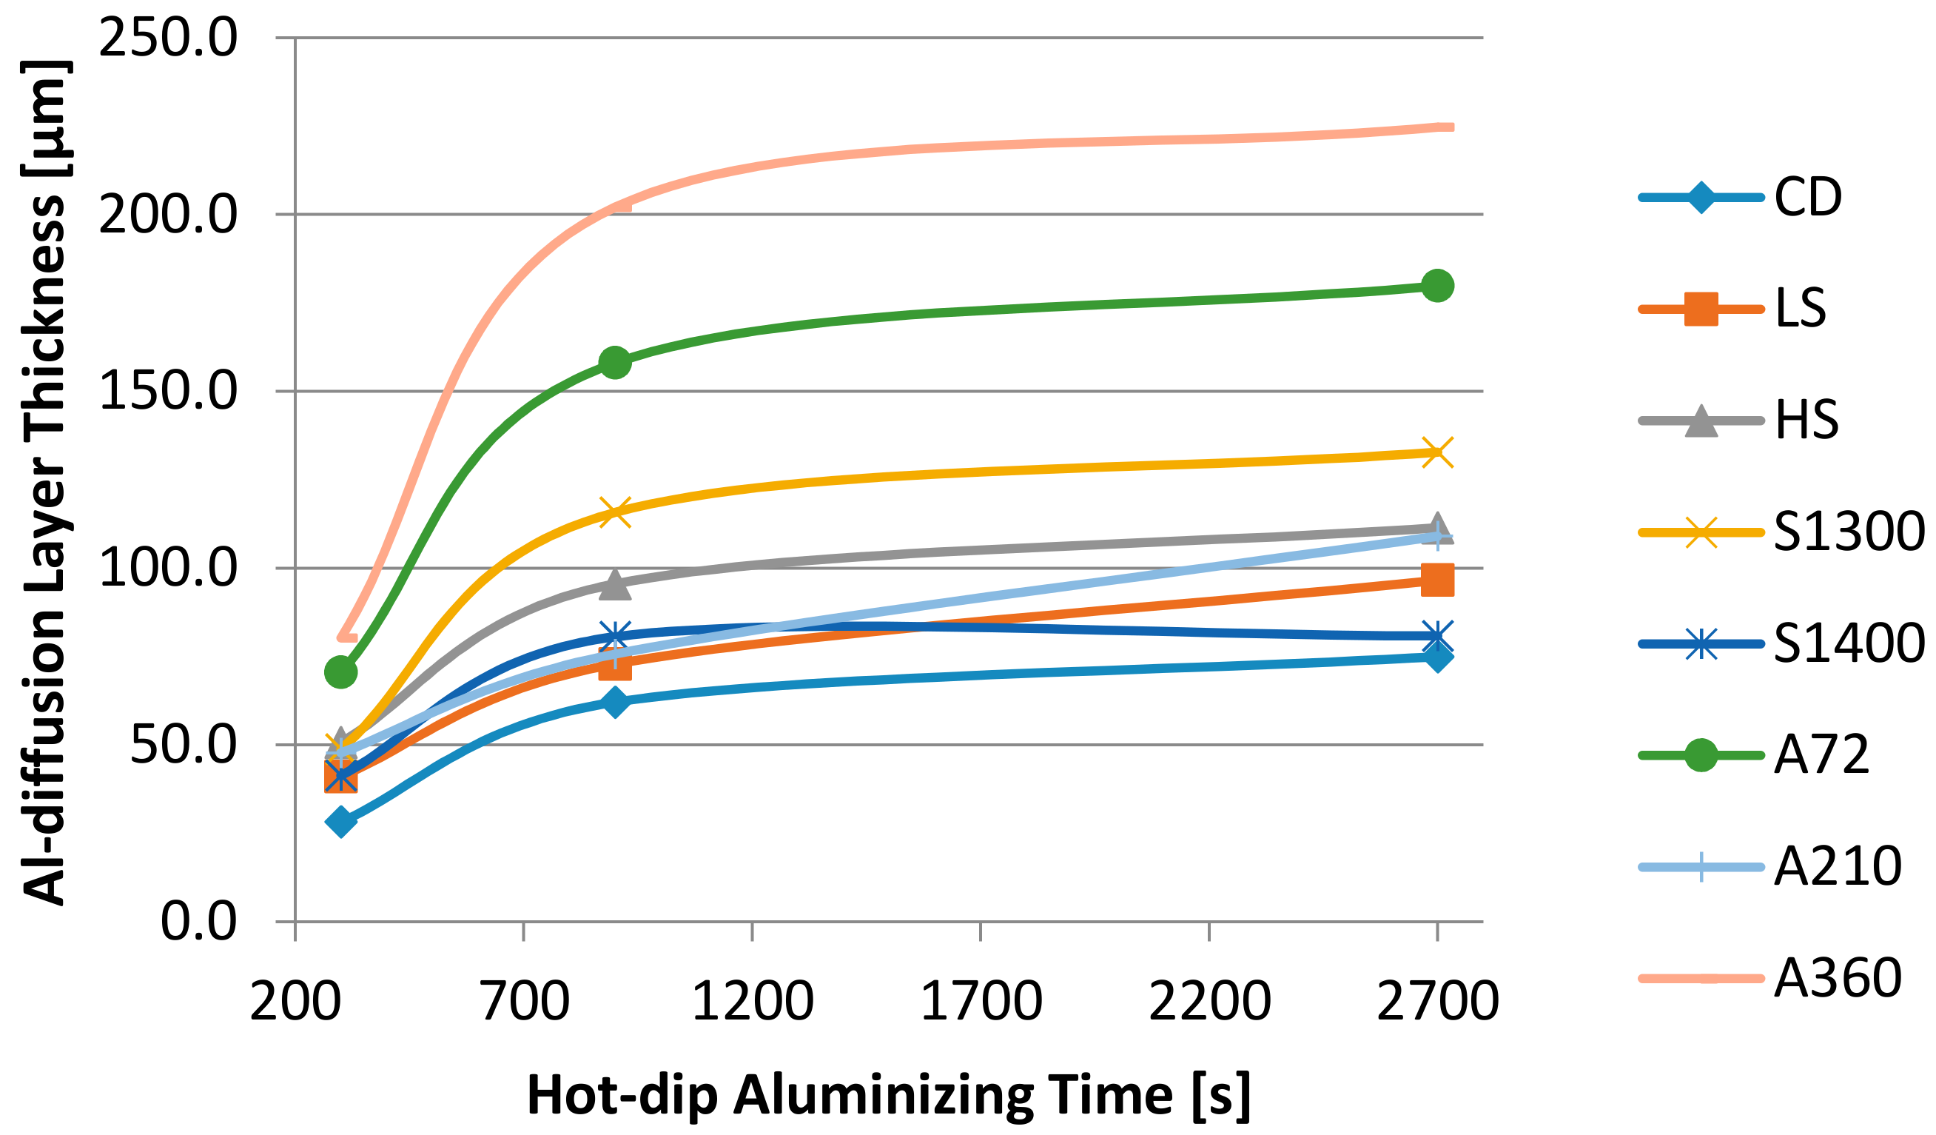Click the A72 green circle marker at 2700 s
(x=1437, y=286)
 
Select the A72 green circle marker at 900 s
(x=614, y=362)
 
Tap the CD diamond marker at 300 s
(x=341, y=822)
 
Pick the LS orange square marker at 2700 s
(x=1437, y=580)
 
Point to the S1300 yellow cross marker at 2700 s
(x=1437, y=452)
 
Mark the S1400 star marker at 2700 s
(x=1437, y=636)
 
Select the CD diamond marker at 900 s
(x=614, y=702)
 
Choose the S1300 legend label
(x=1849, y=532)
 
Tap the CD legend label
(x=1809, y=197)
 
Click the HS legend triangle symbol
(x=1701, y=422)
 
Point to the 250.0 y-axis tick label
(x=167, y=38)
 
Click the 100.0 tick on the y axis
(x=167, y=568)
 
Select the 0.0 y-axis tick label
(x=198, y=921)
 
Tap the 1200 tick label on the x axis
(x=752, y=1002)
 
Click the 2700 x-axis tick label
(x=1437, y=1002)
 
